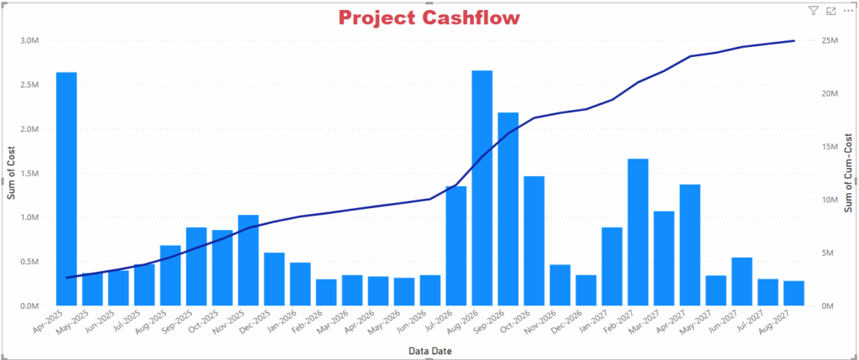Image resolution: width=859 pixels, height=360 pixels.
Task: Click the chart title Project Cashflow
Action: tap(429, 17)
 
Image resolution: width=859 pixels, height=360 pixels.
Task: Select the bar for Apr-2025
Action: tap(66, 189)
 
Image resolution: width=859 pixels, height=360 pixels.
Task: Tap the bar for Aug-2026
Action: tap(482, 188)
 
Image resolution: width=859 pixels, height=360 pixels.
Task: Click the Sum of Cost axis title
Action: tap(12, 173)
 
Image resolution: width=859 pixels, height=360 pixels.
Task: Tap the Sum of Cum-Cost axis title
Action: tap(848, 173)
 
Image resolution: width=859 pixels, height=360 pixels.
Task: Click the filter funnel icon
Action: tap(813, 11)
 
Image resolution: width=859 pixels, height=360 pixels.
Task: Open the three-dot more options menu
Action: tap(847, 11)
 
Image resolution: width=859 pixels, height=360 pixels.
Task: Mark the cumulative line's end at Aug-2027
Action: tap(794, 40)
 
